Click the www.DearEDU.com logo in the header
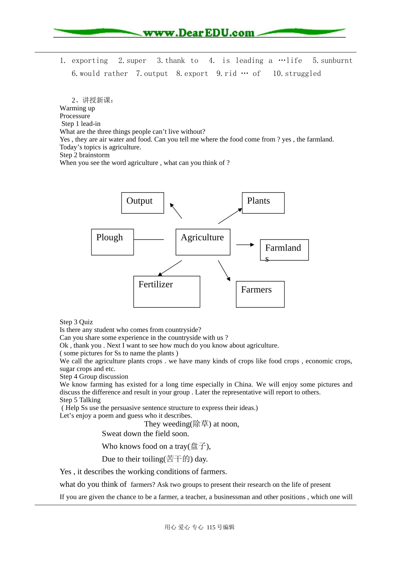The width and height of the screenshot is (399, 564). coord(199,33)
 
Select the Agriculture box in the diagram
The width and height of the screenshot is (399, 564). coord(203,242)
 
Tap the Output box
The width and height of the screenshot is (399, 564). coord(142,203)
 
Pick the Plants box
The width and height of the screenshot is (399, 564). coord(263,203)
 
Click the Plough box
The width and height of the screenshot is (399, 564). coord(112,242)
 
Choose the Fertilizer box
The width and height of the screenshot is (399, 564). coord(166,291)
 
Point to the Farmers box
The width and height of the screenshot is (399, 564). coord(260,294)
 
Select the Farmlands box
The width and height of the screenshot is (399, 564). coord(284,250)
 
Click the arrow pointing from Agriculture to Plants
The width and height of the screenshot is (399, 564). coord(230,216)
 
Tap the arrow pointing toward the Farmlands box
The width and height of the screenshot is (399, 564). coord(245,245)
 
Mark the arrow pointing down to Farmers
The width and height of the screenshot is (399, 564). coord(224,271)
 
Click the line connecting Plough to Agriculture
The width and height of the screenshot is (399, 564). coord(149,240)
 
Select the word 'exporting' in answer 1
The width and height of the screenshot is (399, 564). coord(90,61)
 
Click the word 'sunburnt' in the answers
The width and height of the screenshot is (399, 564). coord(336,61)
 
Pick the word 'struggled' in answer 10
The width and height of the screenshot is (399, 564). coord(303,74)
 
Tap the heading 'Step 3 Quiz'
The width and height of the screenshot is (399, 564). coord(76,322)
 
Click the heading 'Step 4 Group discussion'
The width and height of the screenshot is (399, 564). coord(94,376)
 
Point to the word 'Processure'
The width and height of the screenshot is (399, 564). coord(75,116)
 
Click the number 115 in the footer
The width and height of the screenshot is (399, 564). coord(211,527)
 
